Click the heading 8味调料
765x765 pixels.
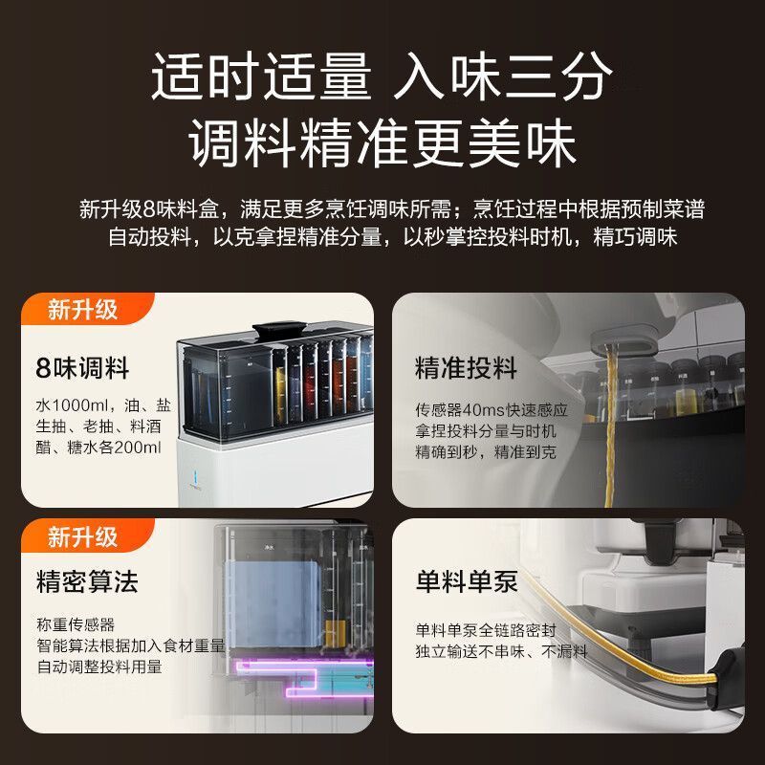(x=82, y=368)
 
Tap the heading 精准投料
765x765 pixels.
(x=466, y=367)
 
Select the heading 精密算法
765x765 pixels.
(x=87, y=581)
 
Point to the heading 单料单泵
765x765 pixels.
(x=467, y=581)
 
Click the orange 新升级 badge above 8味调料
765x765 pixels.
(x=82, y=309)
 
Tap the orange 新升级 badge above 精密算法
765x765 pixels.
(x=82, y=537)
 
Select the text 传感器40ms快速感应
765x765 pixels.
(x=492, y=410)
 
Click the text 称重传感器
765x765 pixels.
(x=76, y=624)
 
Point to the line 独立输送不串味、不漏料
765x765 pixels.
(x=501, y=651)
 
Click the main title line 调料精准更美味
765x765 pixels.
(x=382, y=142)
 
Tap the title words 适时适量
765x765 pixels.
(x=261, y=76)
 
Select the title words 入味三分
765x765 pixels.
(x=503, y=76)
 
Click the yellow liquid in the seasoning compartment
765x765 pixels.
(x=279, y=394)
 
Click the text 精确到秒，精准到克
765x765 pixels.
(x=486, y=451)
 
